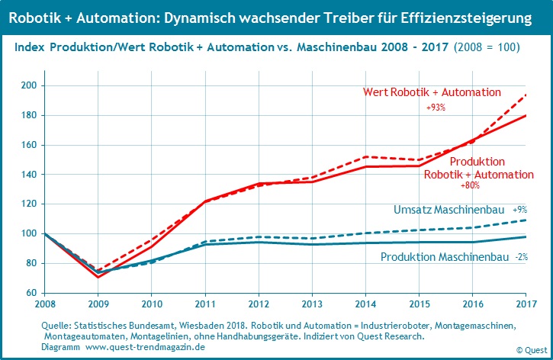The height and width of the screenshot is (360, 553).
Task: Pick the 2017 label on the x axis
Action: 525,304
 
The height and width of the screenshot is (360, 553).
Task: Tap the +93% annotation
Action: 436,108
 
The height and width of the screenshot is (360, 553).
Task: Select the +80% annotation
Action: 471,185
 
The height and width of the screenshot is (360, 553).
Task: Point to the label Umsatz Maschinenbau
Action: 449,210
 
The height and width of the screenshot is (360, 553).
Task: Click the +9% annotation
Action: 519,210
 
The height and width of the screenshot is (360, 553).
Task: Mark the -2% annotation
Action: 522,257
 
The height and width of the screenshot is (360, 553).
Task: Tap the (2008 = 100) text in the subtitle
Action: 487,47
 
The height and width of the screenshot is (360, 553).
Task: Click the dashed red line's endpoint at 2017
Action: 525,95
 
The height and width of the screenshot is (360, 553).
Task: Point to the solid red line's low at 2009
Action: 98,277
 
